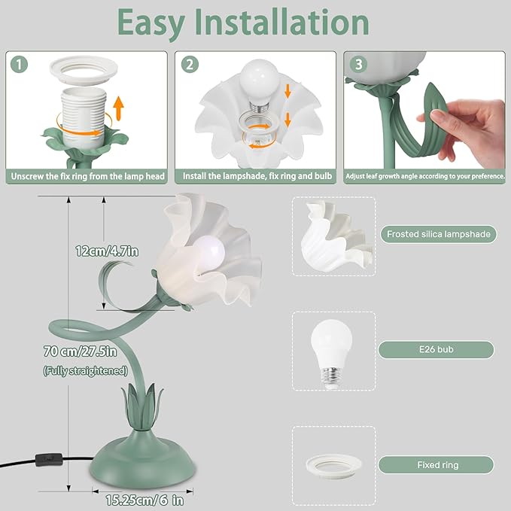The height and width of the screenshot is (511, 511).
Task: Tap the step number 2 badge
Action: pyautogui.click(x=190, y=65)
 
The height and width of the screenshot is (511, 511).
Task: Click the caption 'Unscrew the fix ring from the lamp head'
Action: pyautogui.click(x=87, y=177)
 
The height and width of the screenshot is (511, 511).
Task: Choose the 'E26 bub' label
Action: pyautogui.click(x=436, y=349)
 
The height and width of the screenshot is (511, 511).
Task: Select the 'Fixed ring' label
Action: pyautogui.click(x=436, y=464)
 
